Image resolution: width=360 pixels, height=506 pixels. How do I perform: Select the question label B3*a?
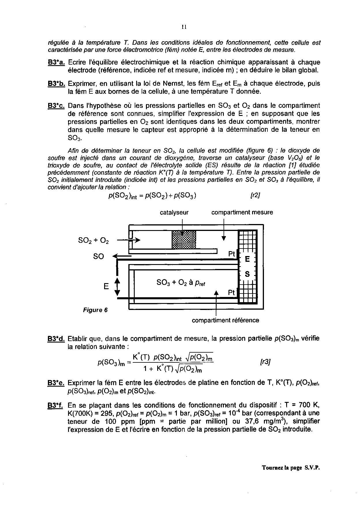(x=56, y=63)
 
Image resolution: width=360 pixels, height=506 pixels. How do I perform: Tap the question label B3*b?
(x=56, y=84)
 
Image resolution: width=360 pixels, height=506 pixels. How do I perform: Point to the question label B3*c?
(x=56, y=106)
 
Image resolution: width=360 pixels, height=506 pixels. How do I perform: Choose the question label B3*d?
(x=56, y=338)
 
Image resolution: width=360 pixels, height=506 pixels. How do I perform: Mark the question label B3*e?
(x=56, y=383)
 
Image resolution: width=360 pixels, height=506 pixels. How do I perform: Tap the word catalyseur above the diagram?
(x=174, y=212)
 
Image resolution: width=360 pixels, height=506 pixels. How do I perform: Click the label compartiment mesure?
(x=242, y=212)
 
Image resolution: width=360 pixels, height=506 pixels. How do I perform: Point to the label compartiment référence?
(x=225, y=320)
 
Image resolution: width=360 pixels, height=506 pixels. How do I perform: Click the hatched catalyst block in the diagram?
(x=184, y=240)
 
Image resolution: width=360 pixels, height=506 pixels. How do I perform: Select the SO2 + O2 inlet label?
(x=93, y=240)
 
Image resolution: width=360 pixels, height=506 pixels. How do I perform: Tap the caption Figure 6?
(x=95, y=310)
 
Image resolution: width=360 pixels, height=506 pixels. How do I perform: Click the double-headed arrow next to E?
(x=117, y=287)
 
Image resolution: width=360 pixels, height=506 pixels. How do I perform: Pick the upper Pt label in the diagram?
(x=232, y=254)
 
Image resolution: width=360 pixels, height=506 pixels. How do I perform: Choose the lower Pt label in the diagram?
(x=232, y=293)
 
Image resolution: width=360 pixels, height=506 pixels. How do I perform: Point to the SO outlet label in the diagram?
(x=98, y=256)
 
